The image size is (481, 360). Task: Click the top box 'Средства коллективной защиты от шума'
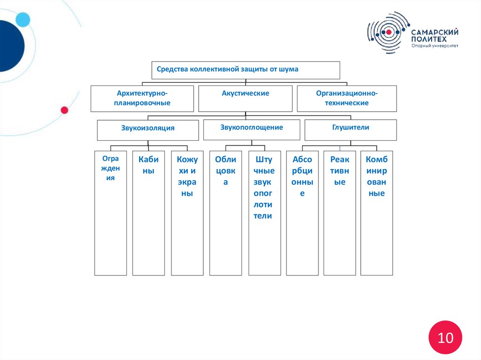pyautogui.click(x=245, y=69)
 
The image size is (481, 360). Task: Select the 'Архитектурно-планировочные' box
pyautogui.click(x=142, y=98)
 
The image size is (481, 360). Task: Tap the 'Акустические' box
pyautogui.click(x=245, y=98)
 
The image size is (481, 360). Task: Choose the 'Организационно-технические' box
pyautogui.click(x=347, y=98)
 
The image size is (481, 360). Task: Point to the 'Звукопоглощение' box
pyautogui.click(x=251, y=129)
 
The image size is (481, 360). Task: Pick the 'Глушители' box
pyautogui.click(x=350, y=129)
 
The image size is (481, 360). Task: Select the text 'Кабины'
pyautogui.click(x=148, y=165)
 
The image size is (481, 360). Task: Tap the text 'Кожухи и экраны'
pyautogui.click(x=187, y=176)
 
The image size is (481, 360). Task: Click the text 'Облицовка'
pyautogui.click(x=225, y=171)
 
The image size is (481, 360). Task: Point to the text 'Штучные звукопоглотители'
pyautogui.click(x=264, y=188)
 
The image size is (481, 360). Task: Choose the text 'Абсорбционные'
pyautogui.click(x=302, y=176)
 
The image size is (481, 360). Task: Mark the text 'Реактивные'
pyautogui.click(x=340, y=171)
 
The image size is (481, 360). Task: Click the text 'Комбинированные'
pyautogui.click(x=376, y=176)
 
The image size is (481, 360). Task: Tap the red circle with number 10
pyautogui.click(x=445, y=337)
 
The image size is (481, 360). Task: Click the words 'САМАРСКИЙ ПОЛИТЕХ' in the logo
pyautogui.click(x=434, y=35)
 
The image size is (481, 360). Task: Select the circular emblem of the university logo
pyautogui.click(x=388, y=32)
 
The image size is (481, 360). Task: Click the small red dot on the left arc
pyautogui.click(x=64, y=110)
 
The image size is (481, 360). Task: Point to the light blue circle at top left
pyautogui.click(x=23, y=19)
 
